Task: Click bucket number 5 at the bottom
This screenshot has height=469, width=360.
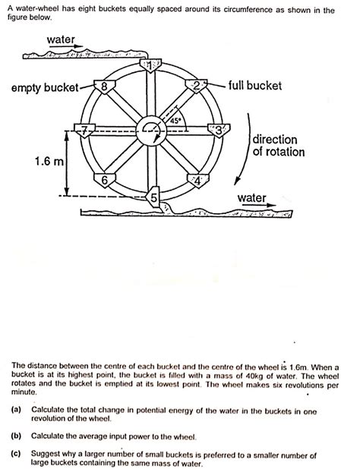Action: tap(153, 197)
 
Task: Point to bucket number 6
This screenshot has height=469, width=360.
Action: tap(105, 180)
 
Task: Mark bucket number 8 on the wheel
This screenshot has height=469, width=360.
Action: tap(105, 86)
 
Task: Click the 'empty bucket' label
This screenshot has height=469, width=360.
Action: tap(44, 88)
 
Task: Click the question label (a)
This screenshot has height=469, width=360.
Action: tap(16, 408)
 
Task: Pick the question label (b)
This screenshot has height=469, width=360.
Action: tap(16, 436)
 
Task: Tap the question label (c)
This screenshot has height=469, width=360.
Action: tap(16, 454)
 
